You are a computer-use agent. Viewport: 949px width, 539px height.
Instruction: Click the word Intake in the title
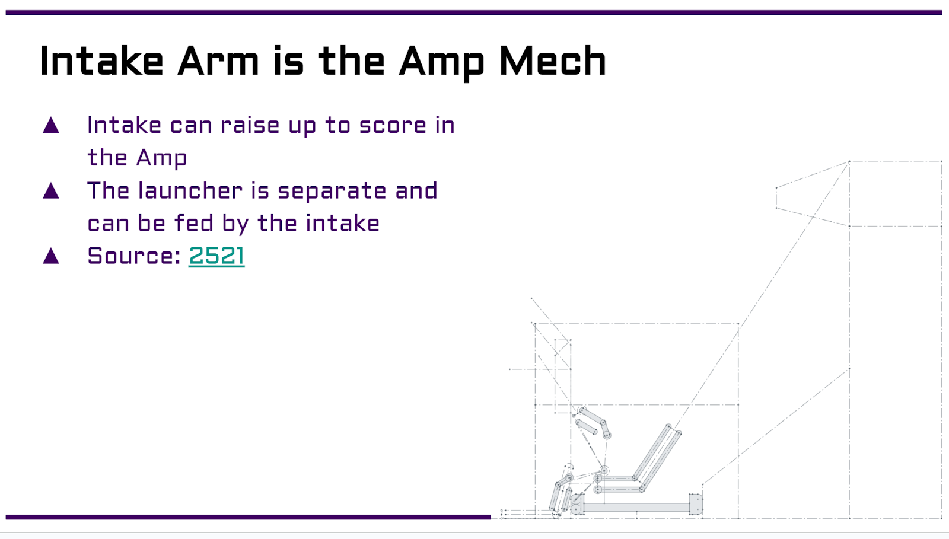pyautogui.click(x=101, y=61)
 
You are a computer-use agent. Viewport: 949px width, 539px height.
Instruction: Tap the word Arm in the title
pyautogui.click(x=218, y=61)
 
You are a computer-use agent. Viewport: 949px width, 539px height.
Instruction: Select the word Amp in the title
pyautogui.click(x=441, y=63)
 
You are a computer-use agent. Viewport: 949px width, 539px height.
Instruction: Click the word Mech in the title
pyautogui.click(x=553, y=61)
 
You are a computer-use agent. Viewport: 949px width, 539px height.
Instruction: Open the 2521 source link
pyautogui.click(x=216, y=256)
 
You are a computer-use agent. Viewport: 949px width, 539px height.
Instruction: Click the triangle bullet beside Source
pyautogui.click(x=51, y=256)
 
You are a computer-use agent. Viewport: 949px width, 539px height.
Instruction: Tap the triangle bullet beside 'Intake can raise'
pyautogui.click(x=51, y=125)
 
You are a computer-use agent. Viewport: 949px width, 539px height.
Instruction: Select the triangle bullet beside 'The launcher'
pyautogui.click(x=51, y=190)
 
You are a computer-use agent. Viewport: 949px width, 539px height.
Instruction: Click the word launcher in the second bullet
pyautogui.click(x=190, y=190)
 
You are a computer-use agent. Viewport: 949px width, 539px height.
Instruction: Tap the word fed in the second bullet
pyautogui.click(x=193, y=223)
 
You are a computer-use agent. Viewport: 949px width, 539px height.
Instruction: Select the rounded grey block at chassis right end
pyautogui.click(x=696, y=504)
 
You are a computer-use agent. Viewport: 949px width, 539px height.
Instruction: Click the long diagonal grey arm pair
pyautogui.click(x=657, y=457)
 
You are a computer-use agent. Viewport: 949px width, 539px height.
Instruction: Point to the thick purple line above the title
pyautogui.click(x=474, y=12)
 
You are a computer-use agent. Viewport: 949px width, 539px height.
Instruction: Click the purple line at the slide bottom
pyautogui.click(x=248, y=517)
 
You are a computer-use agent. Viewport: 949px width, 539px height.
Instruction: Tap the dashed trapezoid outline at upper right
pyautogui.click(x=776, y=197)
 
